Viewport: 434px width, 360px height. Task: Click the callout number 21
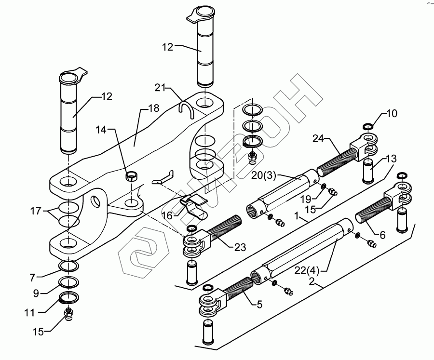click(161, 87)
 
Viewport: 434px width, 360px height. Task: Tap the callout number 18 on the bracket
click(153, 108)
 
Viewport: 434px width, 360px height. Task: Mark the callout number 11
click(30, 313)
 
